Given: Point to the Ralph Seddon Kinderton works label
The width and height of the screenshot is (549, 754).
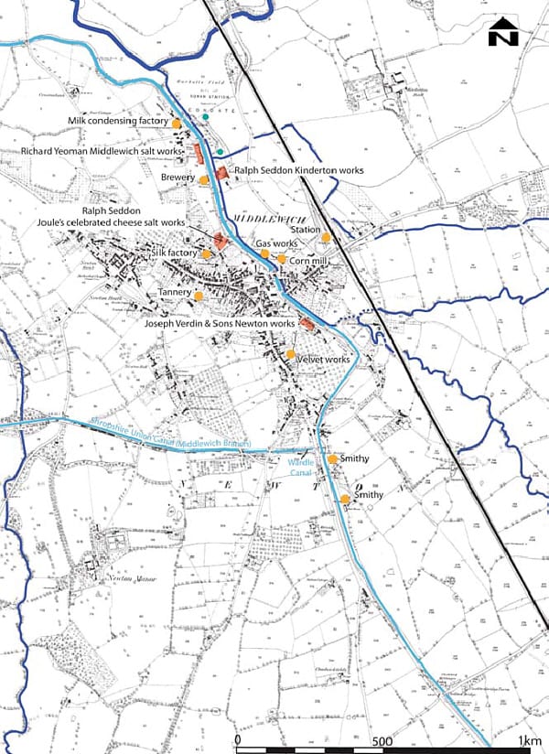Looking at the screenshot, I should click(299, 170).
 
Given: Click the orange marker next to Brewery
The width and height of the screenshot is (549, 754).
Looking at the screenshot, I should click(204, 180).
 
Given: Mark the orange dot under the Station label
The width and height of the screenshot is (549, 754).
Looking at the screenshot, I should click(326, 238).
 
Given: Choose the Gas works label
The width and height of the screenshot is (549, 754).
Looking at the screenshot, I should click(275, 244).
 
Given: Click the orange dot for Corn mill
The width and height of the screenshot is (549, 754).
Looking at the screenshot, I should click(281, 259).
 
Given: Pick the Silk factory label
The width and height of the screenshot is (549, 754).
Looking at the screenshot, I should click(175, 252).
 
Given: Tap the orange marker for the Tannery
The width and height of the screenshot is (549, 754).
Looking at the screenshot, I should click(198, 296).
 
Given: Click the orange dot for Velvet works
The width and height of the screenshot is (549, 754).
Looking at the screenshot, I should click(291, 354).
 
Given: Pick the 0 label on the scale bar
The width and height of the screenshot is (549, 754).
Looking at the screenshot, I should click(238, 740).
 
